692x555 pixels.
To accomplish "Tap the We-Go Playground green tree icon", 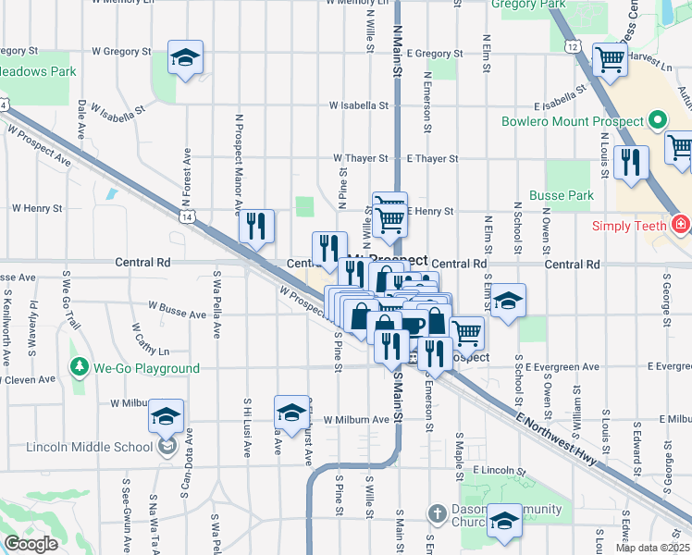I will (x=79, y=368).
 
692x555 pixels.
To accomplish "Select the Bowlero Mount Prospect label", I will (x=573, y=121).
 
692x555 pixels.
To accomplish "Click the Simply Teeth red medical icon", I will (x=681, y=225).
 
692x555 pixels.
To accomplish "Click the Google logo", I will (x=31, y=544).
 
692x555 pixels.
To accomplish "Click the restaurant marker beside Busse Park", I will (x=631, y=163).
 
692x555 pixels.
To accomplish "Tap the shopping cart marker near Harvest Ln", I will (x=610, y=60).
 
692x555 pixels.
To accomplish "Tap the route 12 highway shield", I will (x=574, y=46).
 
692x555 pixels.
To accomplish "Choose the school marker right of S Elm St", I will (x=507, y=301).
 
